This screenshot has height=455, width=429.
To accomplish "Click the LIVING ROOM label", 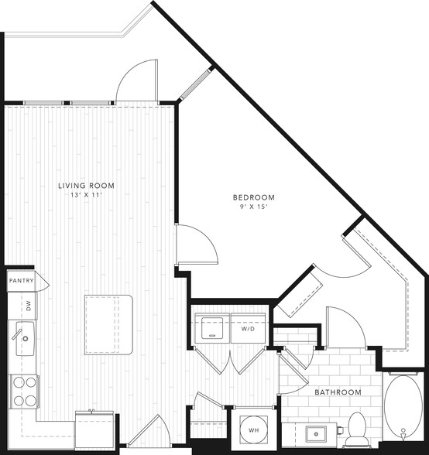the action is point(86,186).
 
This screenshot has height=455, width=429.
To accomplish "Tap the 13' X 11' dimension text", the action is point(86,195).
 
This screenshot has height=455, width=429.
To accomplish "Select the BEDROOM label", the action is point(254,197).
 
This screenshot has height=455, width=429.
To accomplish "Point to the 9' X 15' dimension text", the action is point(254,207).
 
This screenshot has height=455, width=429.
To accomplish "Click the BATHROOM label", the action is point(338,392).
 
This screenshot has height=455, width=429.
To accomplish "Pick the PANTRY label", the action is point(21,281).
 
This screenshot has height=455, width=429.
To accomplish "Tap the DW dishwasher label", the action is point(29,306).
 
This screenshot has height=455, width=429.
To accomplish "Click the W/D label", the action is point(248,329).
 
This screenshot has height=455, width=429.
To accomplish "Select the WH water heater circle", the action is point(253,429).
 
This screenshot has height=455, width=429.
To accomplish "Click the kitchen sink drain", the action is point(26,338).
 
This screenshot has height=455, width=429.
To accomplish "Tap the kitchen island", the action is point(108,325).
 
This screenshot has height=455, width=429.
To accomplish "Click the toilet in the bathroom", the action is point(356,429).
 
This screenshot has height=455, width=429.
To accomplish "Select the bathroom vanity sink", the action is point(316,434).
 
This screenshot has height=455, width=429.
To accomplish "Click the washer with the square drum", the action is point(212,328).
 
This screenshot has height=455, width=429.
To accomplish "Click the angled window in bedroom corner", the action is point(195,85).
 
